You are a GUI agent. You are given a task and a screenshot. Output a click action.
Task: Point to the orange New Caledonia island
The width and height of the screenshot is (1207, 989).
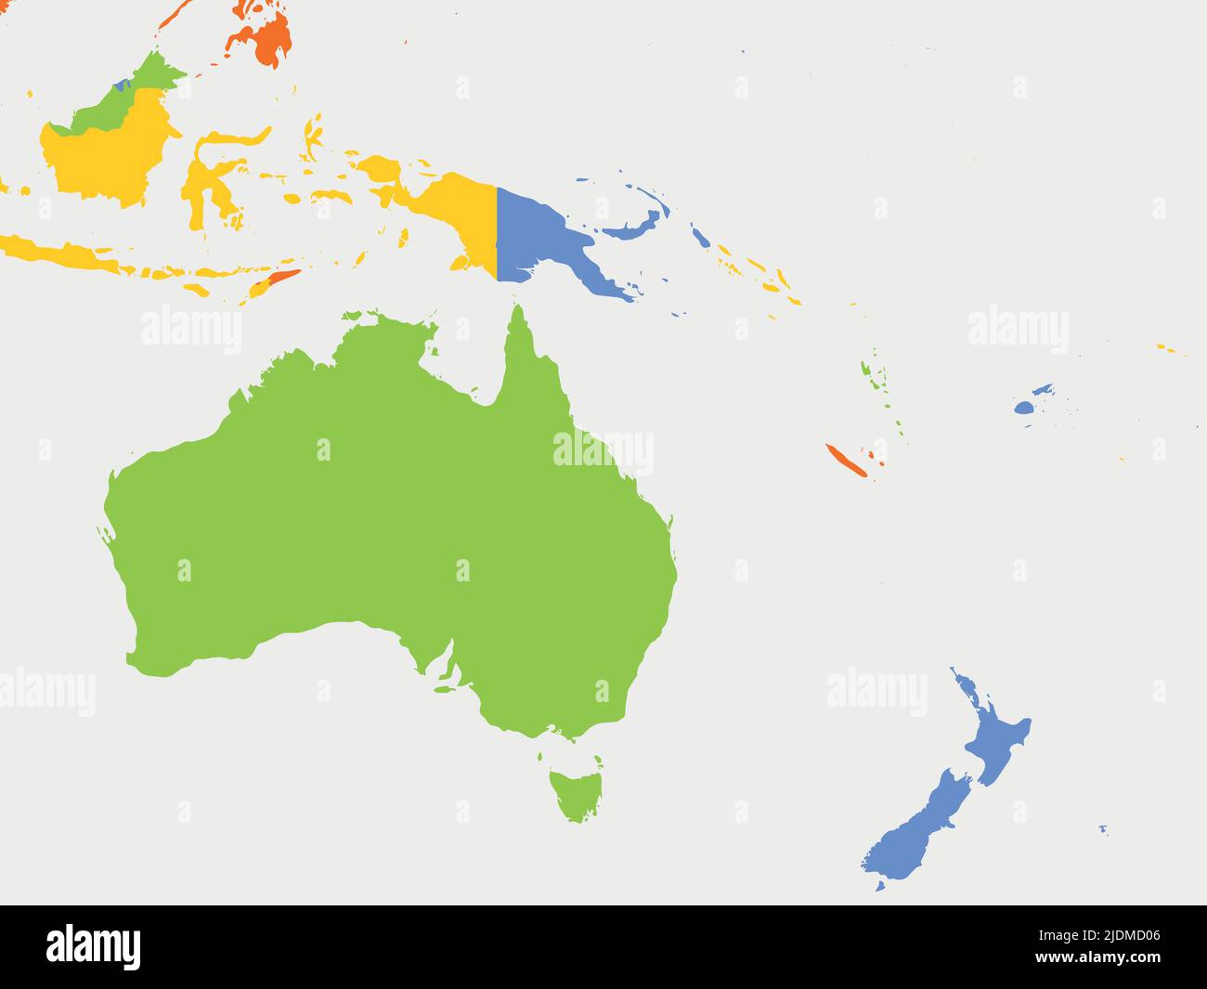[846, 461]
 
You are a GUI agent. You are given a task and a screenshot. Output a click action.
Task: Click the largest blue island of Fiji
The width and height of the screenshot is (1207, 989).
[1023, 408]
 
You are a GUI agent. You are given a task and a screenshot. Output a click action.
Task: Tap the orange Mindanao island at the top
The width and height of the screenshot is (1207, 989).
[265, 38]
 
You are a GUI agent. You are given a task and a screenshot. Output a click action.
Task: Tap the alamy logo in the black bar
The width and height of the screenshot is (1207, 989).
[93, 947]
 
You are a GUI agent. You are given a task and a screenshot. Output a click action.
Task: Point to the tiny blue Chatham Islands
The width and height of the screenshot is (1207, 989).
[1103, 828]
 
